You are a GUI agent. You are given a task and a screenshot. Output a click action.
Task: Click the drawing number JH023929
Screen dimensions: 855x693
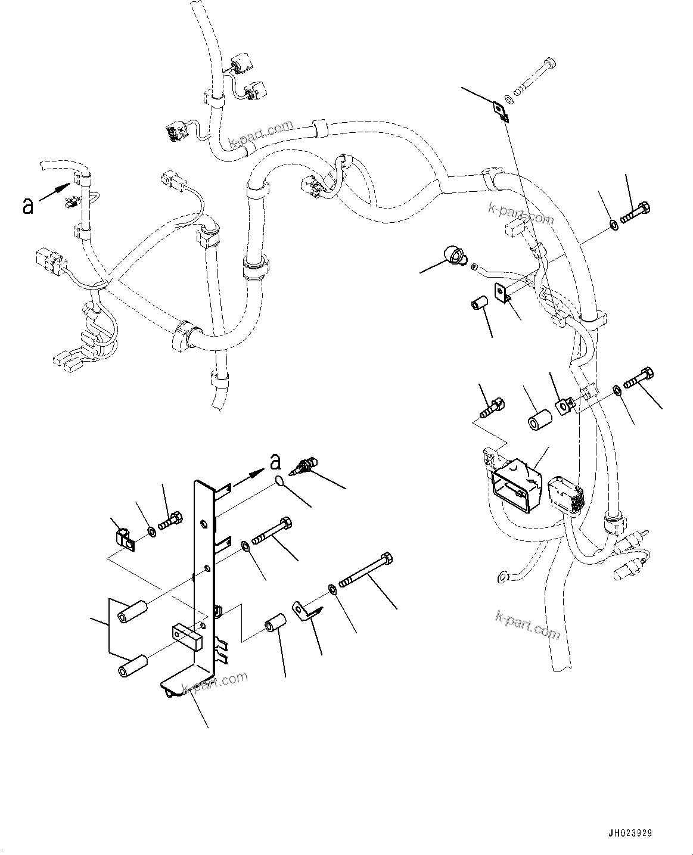point(631,833)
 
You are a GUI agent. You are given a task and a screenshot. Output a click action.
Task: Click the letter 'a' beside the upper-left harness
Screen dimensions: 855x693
point(27,206)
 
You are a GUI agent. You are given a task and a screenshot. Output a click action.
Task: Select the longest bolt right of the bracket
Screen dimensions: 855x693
point(366,571)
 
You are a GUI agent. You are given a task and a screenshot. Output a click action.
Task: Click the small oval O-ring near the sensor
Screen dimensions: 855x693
point(280,482)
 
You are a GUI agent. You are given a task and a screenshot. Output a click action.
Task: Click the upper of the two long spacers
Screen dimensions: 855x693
point(132,614)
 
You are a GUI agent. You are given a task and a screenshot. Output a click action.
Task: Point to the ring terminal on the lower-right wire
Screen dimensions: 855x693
point(503,576)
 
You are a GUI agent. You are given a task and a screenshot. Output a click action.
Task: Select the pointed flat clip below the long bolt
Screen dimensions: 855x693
point(306,613)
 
